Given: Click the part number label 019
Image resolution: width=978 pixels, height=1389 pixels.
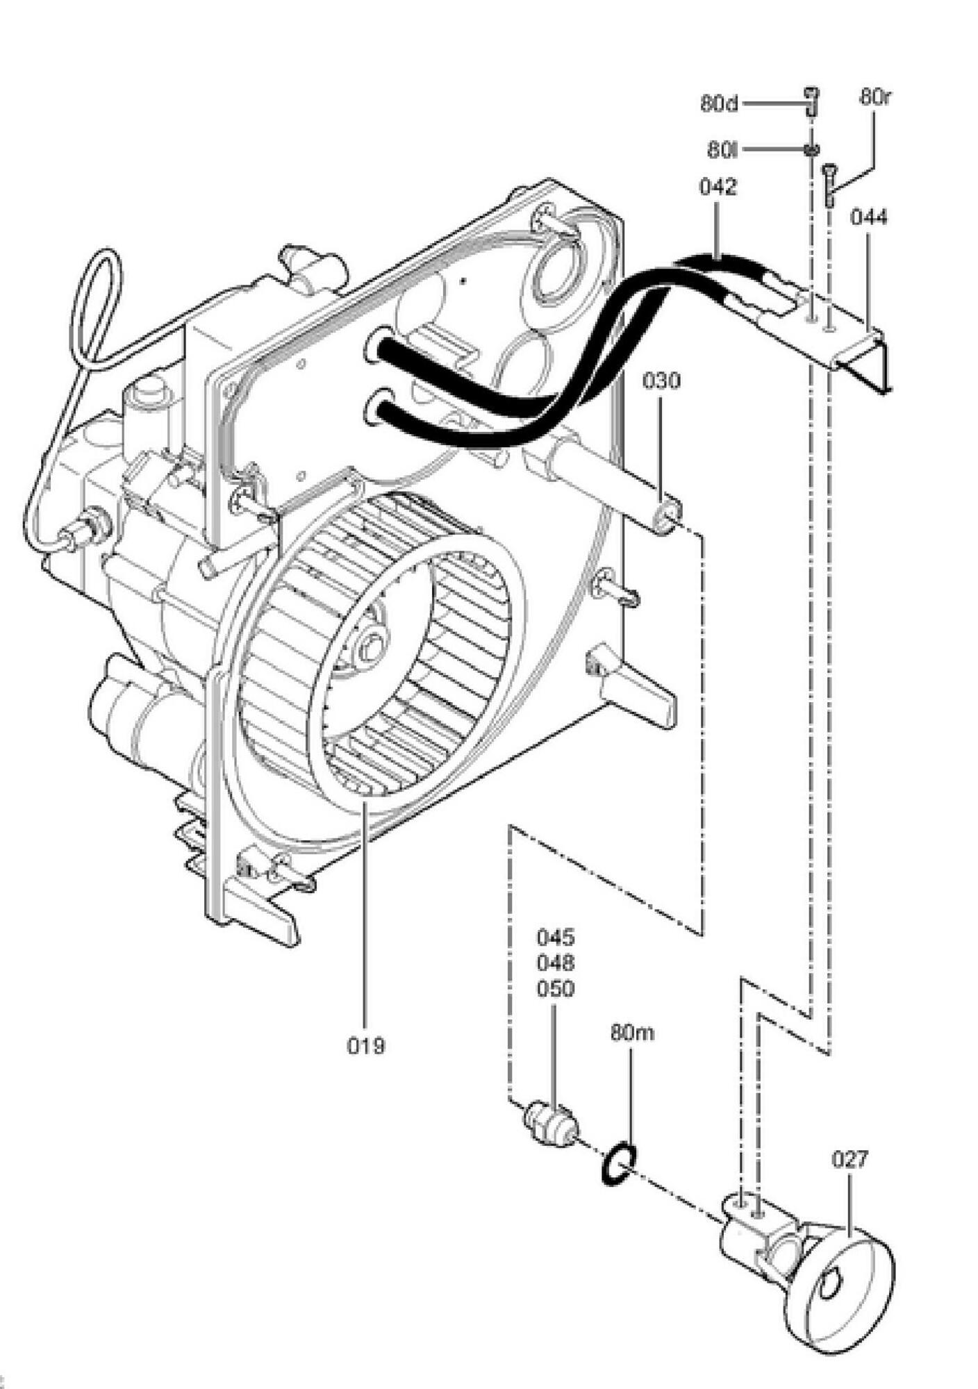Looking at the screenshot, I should [365, 1045].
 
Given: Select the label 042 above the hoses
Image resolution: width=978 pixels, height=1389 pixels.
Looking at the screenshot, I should [718, 187].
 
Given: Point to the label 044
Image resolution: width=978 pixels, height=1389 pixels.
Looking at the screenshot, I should [868, 217].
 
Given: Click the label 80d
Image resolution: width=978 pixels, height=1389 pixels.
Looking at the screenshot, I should [719, 104].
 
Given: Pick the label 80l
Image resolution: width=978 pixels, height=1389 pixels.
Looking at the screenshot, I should [722, 149].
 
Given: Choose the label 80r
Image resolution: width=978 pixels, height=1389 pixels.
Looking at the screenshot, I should [875, 97].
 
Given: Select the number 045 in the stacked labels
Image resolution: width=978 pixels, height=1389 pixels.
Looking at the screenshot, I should [555, 938].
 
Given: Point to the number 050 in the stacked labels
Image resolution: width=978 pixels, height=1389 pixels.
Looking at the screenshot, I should [555, 988].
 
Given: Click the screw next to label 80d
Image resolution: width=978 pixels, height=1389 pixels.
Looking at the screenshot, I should [811, 100].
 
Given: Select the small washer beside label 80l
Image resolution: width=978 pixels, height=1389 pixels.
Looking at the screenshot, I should [811, 149].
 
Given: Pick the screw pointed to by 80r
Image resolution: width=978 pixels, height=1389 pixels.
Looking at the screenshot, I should [829, 184].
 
